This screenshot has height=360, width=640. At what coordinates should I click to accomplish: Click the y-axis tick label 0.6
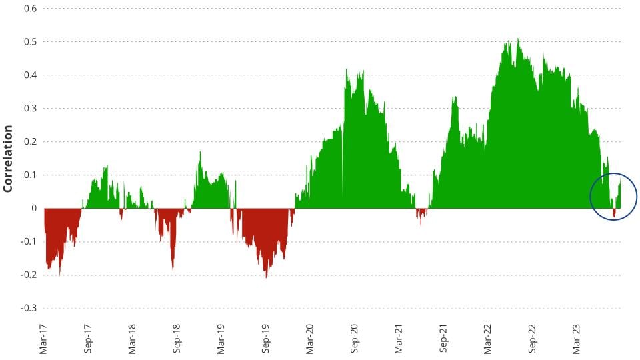[29, 9]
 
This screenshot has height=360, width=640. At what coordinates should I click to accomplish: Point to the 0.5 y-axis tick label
[29, 42]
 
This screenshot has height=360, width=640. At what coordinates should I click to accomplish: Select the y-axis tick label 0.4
[29, 75]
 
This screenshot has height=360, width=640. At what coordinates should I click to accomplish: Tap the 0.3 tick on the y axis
[29, 109]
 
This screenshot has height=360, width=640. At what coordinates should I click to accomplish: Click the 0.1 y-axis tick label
[29, 175]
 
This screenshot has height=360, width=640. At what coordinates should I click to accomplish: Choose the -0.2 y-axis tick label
[28, 275]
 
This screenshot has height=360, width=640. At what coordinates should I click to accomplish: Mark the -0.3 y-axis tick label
[28, 309]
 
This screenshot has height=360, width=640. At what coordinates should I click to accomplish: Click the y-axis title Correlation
[9, 159]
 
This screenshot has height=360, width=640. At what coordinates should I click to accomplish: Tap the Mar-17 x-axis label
[43, 339]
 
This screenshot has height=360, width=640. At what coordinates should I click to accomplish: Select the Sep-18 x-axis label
[177, 339]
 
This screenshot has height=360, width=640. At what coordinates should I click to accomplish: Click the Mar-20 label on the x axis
[311, 339]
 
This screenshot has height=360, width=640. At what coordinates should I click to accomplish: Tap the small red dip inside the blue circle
[614, 214]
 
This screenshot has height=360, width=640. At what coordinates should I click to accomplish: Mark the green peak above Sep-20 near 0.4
[347, 71]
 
